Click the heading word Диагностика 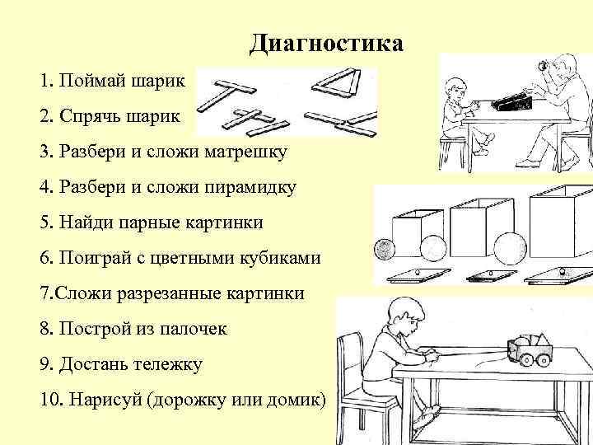tap(326, 43)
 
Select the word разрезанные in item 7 tap(174, 293)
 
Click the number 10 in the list tap(49, 400)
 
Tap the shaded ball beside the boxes tap(385, 249)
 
